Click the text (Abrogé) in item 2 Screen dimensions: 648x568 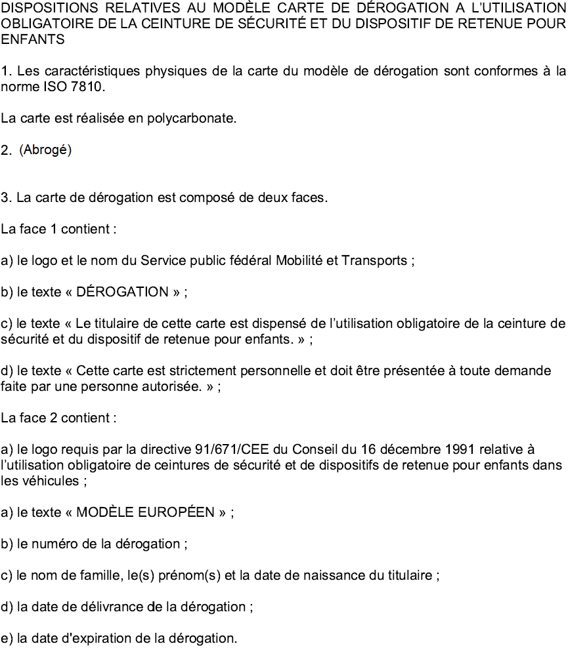(45, 150)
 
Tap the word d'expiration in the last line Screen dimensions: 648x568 (97, 638)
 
